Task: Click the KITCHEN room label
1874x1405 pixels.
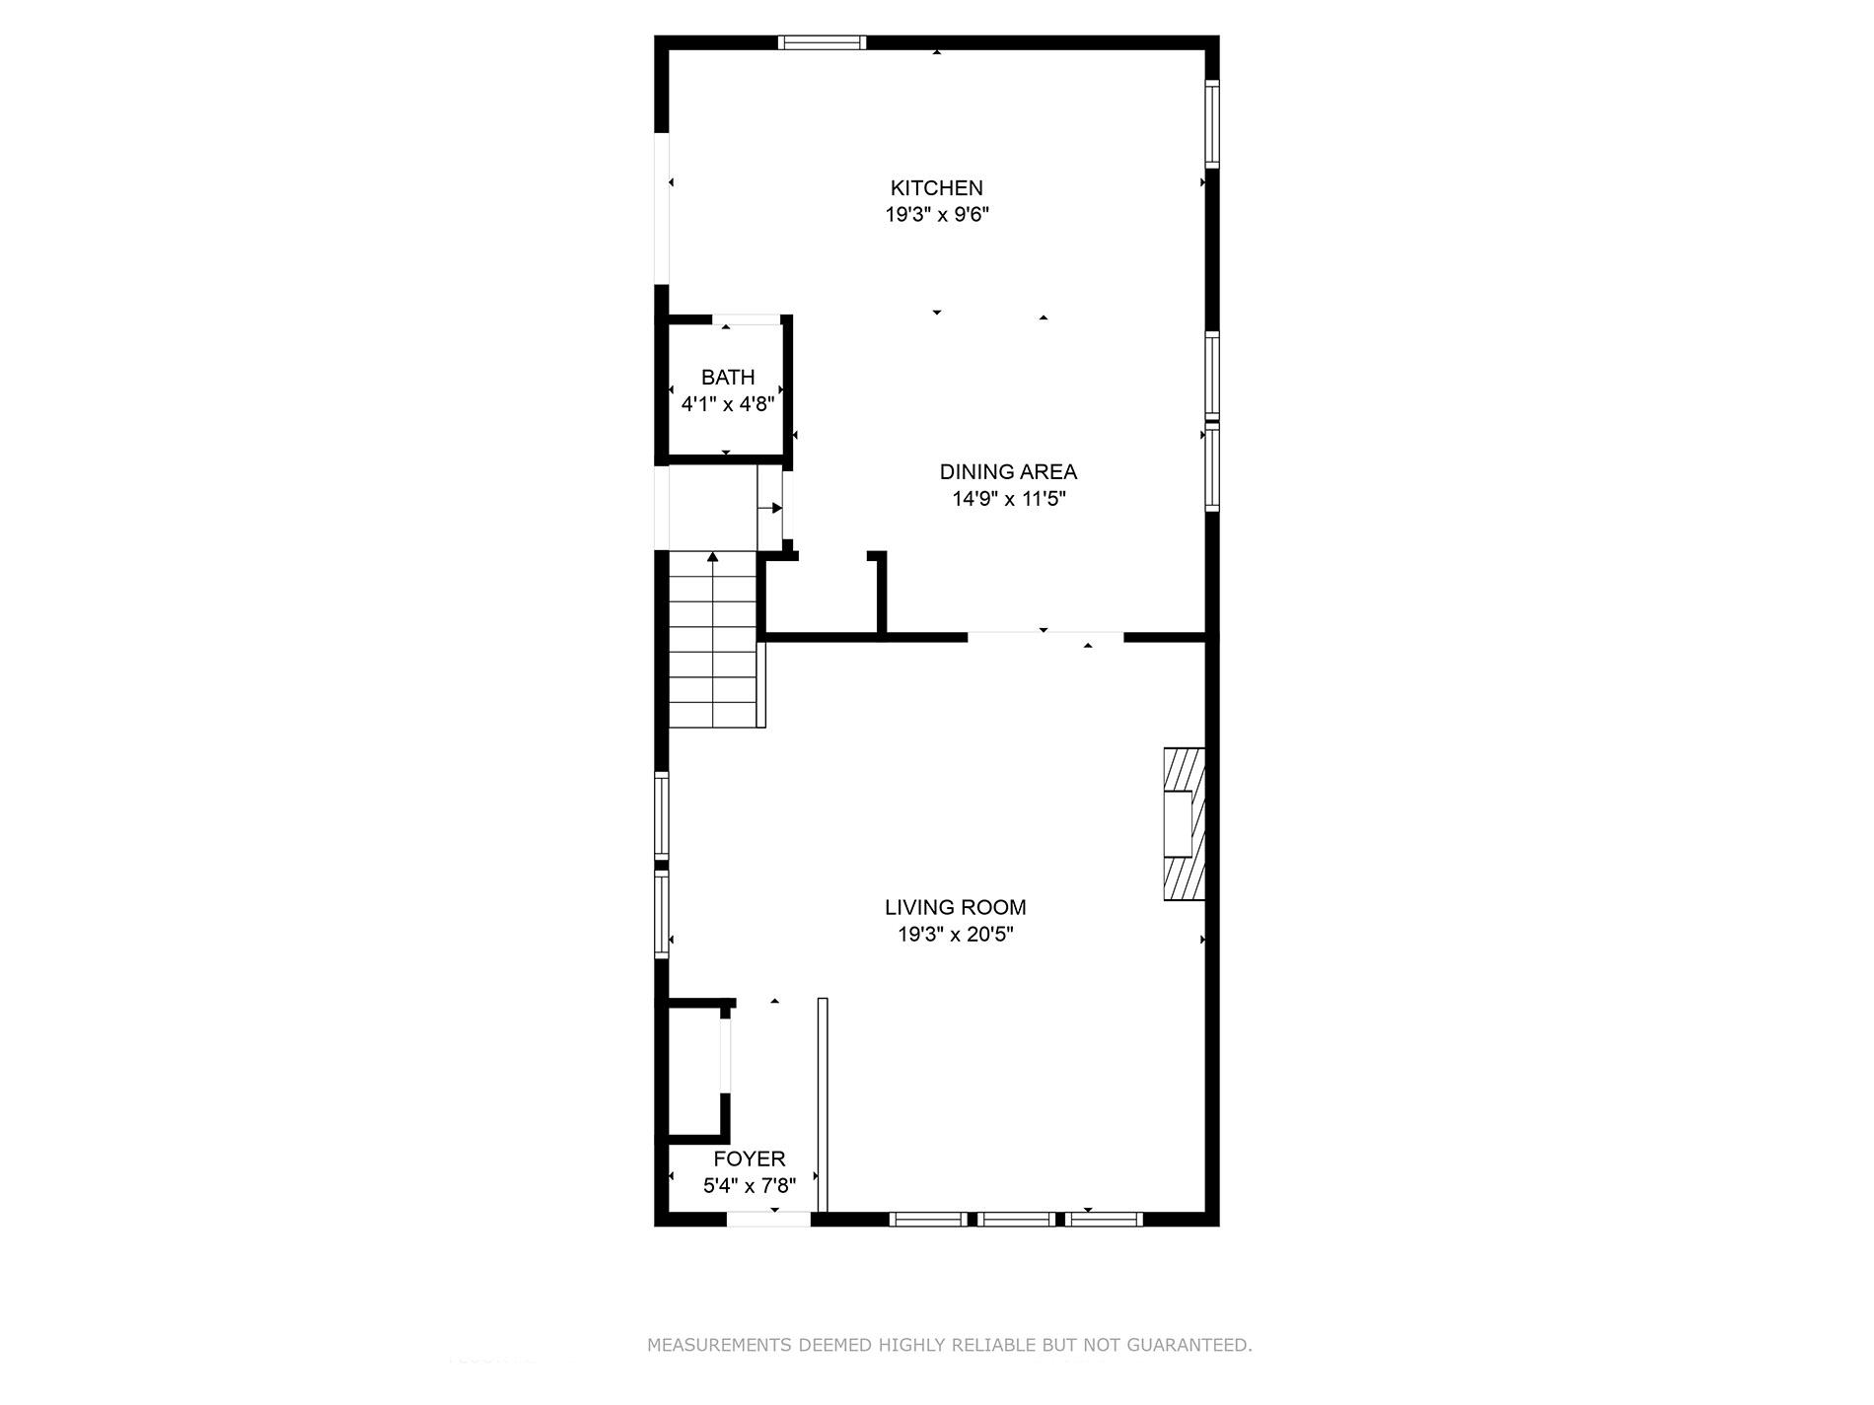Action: click(x=936, y=187)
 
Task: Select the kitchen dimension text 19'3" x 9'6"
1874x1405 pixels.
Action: click(x=936, y=215)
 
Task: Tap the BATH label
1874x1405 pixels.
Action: click(x=728, y=377)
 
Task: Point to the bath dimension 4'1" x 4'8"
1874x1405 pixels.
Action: click(x=728, y=404)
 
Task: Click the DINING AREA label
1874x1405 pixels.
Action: click(x=1007, y=471)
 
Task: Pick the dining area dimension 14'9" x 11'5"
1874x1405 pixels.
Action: click(x=1008, y=499)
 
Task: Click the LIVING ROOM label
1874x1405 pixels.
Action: click(x=955, y=907)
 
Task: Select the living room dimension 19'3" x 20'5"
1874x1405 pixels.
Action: click(x=955, y=935)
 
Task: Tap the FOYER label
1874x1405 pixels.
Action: click(x=750, y=1159)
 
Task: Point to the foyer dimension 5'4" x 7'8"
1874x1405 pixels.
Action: click(x=750, y=1186)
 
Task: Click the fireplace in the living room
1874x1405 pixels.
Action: click(x=1184, y=824)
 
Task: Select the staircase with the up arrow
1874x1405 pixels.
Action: click(x=713, y=641)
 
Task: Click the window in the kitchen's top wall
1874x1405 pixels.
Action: click(x=822, y=42)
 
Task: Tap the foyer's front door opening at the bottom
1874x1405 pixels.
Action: click(x=768, y=1220)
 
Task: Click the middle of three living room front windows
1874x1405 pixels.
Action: click(x=1016, y=1220)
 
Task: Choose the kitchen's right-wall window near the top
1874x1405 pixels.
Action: click(x=1212, y=122)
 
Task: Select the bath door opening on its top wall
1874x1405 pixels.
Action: click(x=747, y=319)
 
